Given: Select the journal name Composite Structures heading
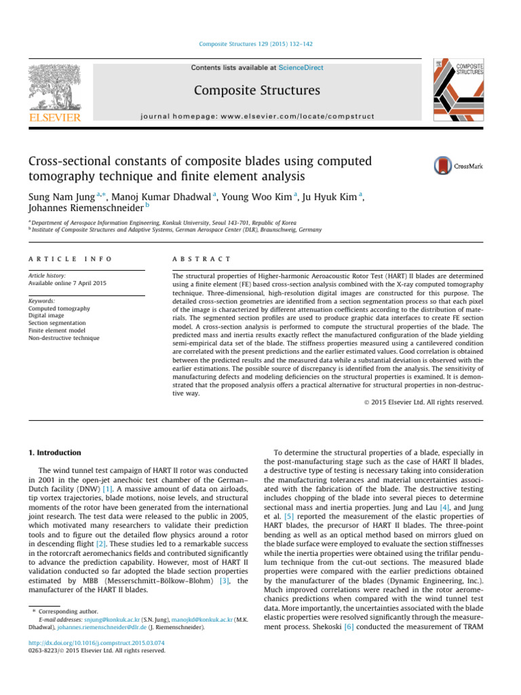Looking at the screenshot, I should pyautogui.click(x=257, y=90).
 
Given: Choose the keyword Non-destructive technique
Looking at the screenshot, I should pyautogui.click(x=64, y=337).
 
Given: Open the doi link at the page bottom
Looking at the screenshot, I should pyautogui.click(x=98, y=641).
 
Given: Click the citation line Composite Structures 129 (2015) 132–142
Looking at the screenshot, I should pyautogui.click(x=260, y=44).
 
